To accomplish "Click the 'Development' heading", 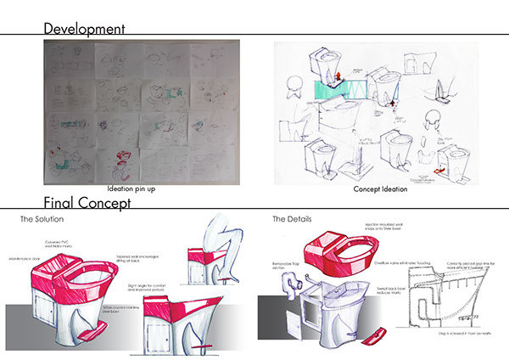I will click(x=86, y=28).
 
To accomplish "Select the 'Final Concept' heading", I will click(x=87, y=204).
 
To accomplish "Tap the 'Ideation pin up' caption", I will click(x=136, y=190).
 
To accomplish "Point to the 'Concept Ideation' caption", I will click(x=379, y=190).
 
